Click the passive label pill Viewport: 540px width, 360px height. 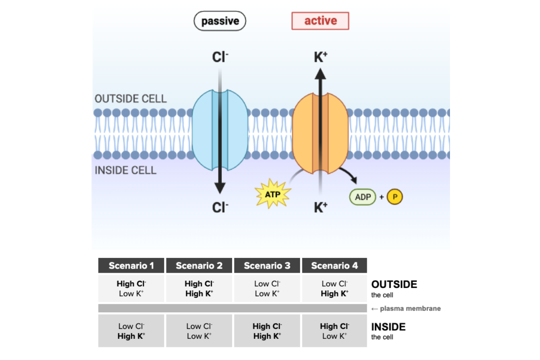pos(220,21)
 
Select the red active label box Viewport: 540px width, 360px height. pos(320,21)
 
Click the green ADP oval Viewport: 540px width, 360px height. pos(363,197)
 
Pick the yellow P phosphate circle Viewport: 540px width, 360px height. pos(396,197)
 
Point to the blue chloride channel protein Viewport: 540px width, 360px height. pos(220,130)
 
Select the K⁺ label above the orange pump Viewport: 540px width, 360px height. pos(320,57)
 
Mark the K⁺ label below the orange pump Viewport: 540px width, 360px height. pos(320,207)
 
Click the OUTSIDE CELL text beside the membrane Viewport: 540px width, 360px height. pos(130,99)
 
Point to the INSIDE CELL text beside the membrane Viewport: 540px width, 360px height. pos(126,171)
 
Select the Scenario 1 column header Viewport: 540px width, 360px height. pos(131,265)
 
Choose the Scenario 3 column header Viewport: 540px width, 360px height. pos(267,265)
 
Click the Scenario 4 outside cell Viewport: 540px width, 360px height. pos(335,288)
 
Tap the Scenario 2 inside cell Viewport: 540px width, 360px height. pos(199,331)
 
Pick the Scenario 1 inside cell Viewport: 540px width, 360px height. pos(131,331)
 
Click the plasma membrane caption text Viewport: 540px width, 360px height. pos(406,308)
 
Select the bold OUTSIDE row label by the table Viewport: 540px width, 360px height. pos(394,284)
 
